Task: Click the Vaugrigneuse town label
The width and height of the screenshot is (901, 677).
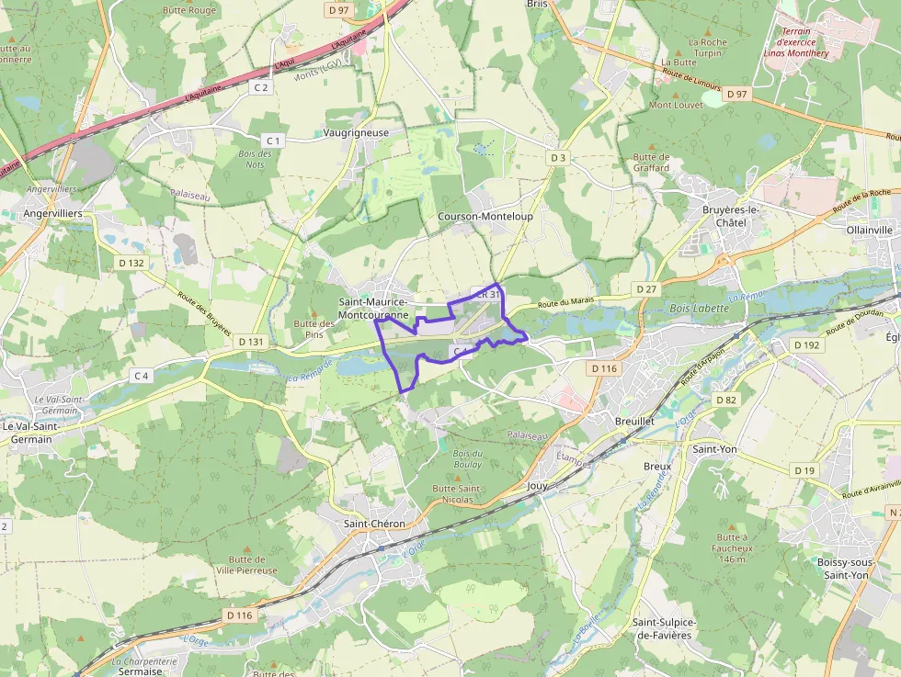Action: point(356,132)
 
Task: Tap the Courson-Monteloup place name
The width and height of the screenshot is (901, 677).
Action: point(485,216)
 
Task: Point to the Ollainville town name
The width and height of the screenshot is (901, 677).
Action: point(869,230)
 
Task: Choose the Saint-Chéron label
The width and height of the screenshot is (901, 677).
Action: point(373,524)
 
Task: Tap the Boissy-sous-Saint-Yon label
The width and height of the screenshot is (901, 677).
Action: point(842,568)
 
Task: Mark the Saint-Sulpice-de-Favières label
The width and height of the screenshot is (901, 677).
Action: point(662,628)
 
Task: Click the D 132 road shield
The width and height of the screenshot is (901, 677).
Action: point(131,263)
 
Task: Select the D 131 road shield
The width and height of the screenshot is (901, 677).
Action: point(250,342)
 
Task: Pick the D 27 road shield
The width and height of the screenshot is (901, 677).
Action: point(647,289)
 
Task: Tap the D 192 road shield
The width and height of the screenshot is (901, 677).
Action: point(805,345)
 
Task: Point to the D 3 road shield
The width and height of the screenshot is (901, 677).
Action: point(557,158)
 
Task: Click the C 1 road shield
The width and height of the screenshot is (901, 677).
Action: point(273,140)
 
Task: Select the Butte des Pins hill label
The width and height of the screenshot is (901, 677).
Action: point(314,329)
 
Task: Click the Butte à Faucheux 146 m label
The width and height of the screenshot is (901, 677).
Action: point(732,547)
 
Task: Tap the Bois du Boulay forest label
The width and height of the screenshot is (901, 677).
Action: point(467,458)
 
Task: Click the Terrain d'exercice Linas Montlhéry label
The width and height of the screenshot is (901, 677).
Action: point(796,41)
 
